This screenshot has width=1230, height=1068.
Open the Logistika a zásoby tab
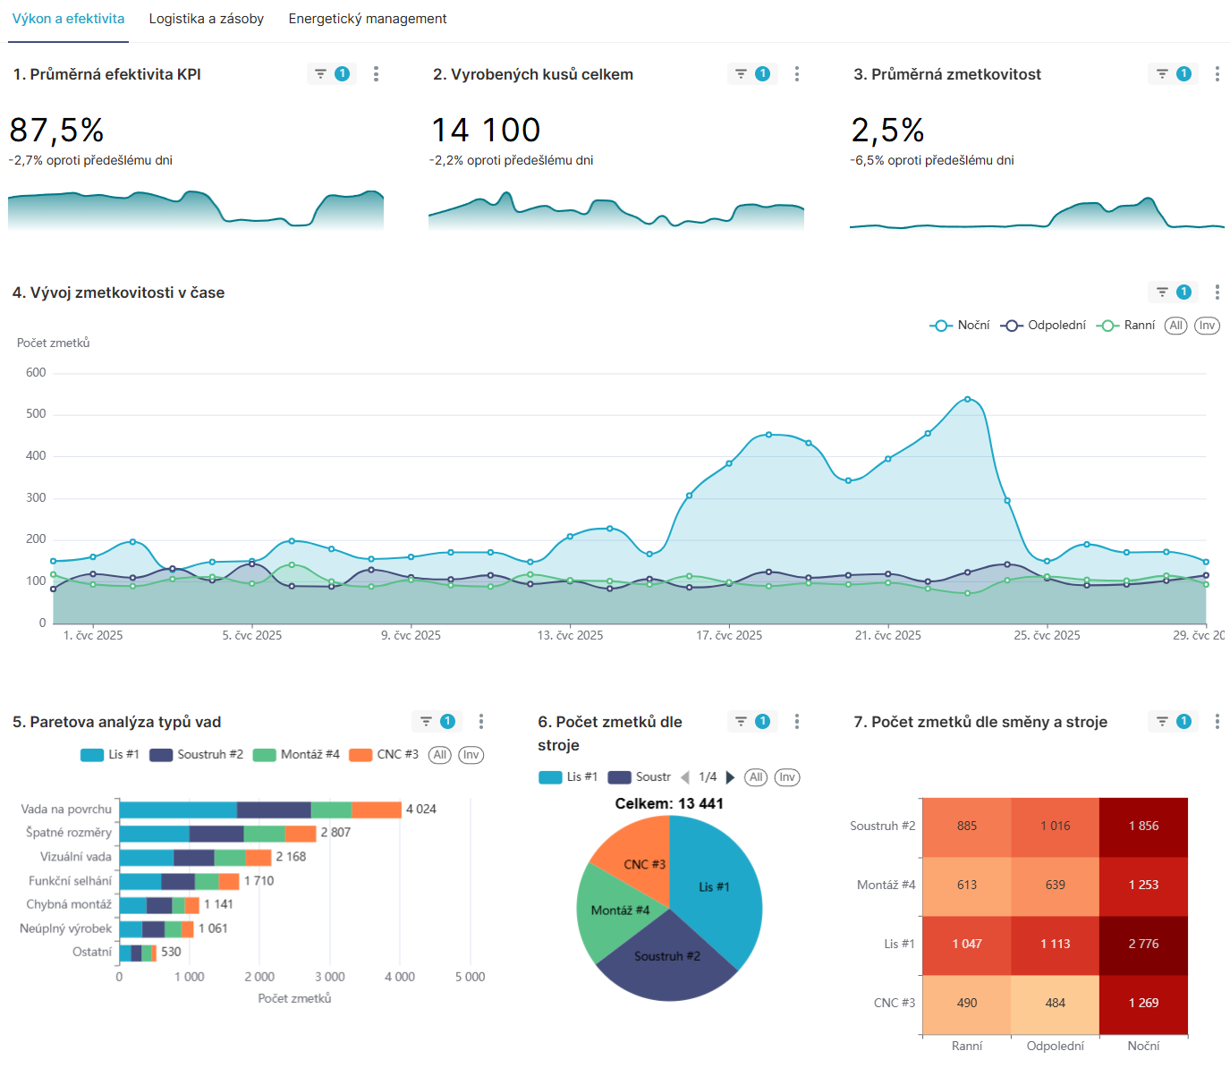(206, 19)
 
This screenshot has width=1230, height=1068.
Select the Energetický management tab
(367, 19)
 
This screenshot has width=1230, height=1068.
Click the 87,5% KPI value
(56, 131)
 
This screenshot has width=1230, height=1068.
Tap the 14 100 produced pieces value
(486, 131)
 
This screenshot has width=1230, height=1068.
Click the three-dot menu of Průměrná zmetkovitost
(1217, 74)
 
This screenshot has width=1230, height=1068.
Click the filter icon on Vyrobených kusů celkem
(741, 74)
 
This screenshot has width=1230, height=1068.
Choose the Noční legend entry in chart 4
(961, 326)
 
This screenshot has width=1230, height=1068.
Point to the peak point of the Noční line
(968, 399)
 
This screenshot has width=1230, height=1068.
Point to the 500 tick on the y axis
(36, 414)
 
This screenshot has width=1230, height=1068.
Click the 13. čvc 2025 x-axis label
(570, 636)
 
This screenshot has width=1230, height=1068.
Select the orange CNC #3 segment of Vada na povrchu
(377, 809)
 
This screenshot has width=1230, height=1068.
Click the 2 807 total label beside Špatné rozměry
(335, 833)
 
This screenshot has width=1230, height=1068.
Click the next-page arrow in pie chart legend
(730, 777)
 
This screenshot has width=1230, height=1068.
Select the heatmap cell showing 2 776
(1143, 945)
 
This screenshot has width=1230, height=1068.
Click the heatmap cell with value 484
(1055, 1004)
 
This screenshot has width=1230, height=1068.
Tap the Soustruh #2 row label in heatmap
(882, 826)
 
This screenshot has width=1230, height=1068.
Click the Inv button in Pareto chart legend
(471, 755)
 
